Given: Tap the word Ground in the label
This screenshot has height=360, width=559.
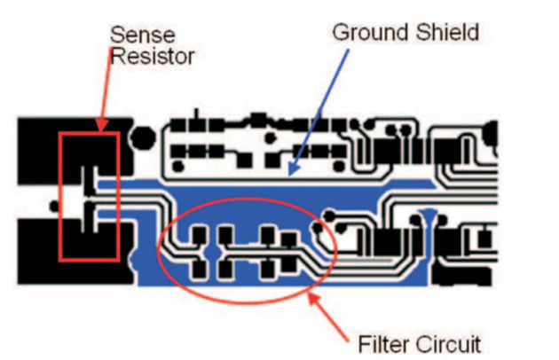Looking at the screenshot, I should [365, 34].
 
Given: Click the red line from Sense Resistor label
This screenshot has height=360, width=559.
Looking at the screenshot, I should [104, 89].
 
